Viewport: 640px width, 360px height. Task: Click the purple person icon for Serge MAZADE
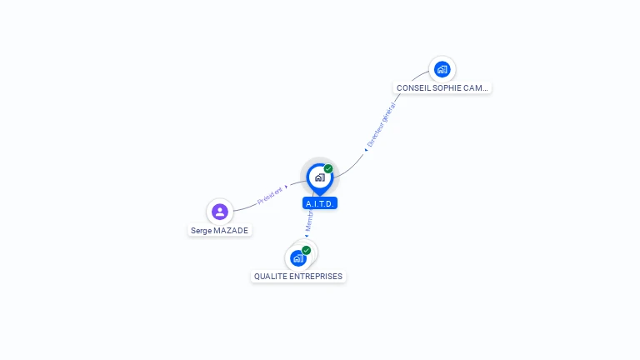point(219,212)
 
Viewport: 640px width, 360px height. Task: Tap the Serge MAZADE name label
point(219,231)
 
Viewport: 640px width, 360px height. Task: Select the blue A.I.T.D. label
point(320,203)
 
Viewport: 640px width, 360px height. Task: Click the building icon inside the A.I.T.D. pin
point(319,177)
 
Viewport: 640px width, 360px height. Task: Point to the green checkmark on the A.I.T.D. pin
point(328,169)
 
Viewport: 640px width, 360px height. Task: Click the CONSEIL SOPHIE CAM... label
point(442,87)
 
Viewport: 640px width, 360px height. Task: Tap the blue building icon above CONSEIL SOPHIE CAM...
point(442,69)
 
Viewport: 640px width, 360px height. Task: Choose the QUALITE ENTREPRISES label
point(298,277)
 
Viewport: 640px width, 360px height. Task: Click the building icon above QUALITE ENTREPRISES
point(297,258)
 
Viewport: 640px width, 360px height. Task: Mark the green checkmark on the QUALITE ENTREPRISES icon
point(307,250)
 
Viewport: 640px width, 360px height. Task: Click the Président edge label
point(270,196)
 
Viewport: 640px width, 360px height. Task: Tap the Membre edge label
point(308,221)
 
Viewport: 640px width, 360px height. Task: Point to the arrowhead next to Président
point(287,187)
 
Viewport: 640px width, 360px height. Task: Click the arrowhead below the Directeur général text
point(366,150)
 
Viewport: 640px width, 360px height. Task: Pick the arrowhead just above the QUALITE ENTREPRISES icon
point(306,237)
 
